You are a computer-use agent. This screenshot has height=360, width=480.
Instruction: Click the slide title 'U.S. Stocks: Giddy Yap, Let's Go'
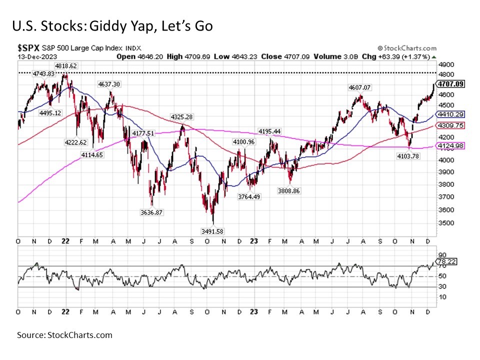point(112,25)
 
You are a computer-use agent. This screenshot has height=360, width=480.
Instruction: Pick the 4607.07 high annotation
point(360,87)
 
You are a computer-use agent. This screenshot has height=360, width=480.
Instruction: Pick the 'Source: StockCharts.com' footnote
point(64,335)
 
